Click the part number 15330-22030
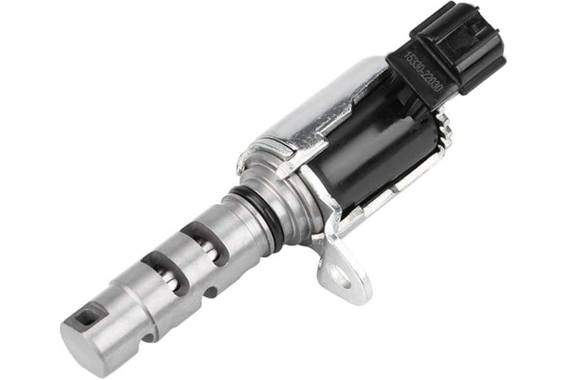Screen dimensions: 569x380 click(423, 73)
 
